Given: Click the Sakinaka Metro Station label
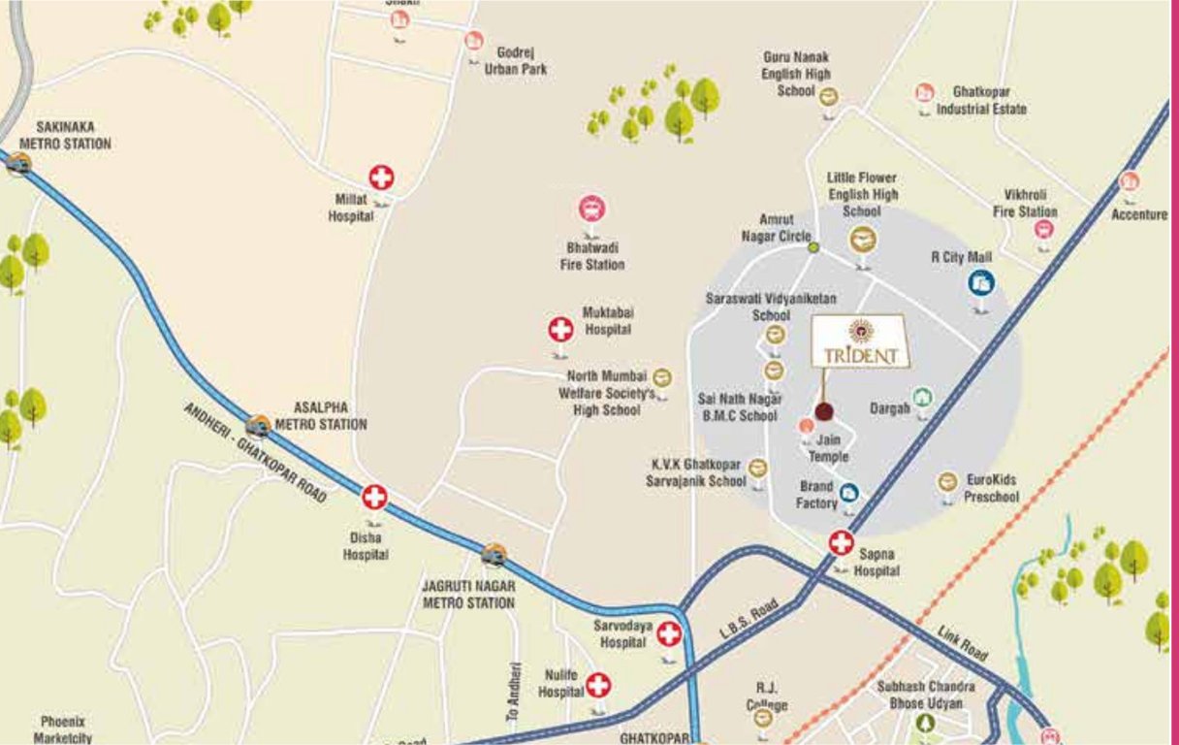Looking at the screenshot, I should [x=65, y=136].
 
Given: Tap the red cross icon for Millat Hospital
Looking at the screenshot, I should [x=381, y=178].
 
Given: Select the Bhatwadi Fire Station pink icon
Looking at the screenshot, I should [x=591, y=209].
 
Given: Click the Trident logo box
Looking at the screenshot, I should [x=861, y=341].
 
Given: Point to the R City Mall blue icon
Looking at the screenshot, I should [x=981, y=282].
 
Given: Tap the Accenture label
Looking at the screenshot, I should [x=1139, y=214].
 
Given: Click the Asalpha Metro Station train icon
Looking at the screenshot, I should [x=258, y=425].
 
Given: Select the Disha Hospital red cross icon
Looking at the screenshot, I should [x=374, y=498].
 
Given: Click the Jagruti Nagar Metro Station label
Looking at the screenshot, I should [x=468, y=595].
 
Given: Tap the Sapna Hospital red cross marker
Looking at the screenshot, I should [x=841, y=543].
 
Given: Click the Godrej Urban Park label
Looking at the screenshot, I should [x=516, y=60].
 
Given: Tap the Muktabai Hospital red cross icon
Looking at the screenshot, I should [x=560, y=330].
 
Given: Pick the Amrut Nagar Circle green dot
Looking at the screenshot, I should [x=813, y=247].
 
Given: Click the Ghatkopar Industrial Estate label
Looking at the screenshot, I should [x=980, y=100].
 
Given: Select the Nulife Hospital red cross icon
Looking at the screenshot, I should [x=599, y=685].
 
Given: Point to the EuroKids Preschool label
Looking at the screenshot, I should [x=991, y=489].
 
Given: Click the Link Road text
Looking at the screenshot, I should [x=962, y=644].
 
